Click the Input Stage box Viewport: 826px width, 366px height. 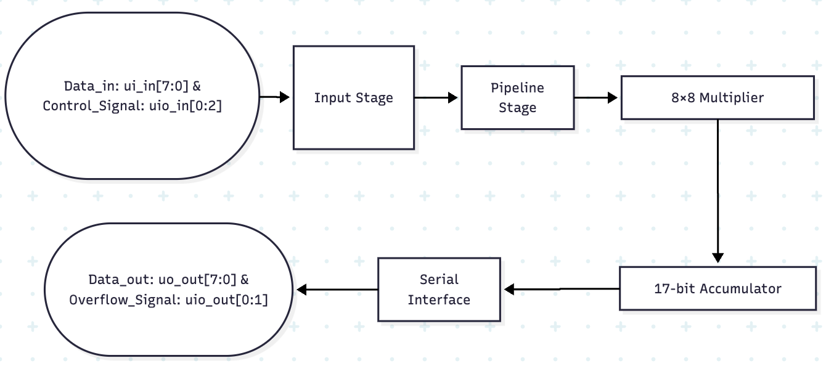tap(353, 97)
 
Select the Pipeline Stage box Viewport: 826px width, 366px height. tap(517, 97)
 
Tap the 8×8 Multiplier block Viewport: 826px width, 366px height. tap(717, 97)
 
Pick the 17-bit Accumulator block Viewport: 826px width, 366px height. tap(717, 288)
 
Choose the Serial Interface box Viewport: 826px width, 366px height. tap(439, 290)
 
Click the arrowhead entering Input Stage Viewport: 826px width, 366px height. tap(284, 97)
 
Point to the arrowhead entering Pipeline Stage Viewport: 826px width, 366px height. tap(452, 97)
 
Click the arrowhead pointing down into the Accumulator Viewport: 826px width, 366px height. tap(717, 257)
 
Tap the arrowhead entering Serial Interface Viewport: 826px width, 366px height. tap(510, 289)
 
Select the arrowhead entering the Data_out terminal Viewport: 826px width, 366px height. tap(302, 290)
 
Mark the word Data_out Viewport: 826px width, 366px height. tap(119, 280)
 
